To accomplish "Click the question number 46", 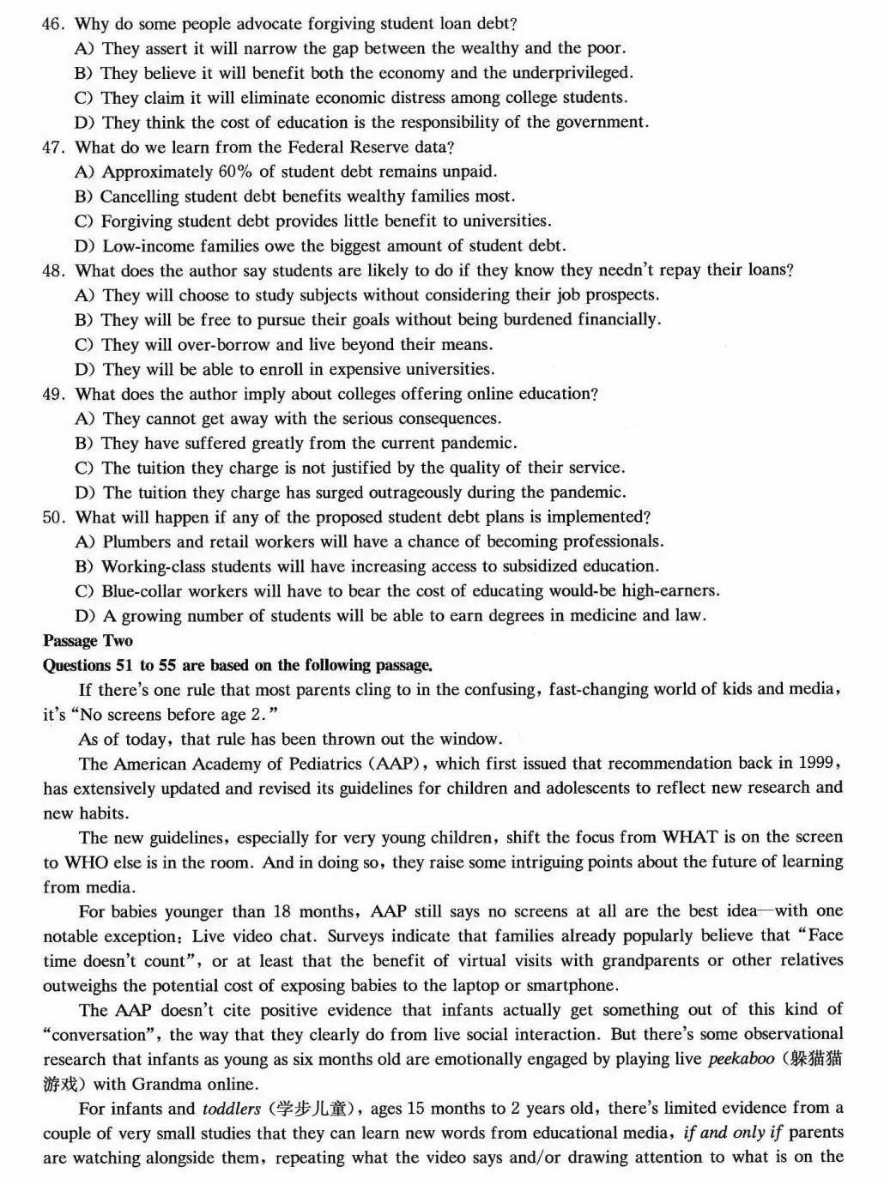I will click(52, 24).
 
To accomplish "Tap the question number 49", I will click(53, 395).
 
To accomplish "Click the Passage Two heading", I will click(88, 641).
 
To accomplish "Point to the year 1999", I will click(817, 763).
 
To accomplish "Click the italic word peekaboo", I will click(741, 1059).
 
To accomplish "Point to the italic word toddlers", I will click(231, 1109).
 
